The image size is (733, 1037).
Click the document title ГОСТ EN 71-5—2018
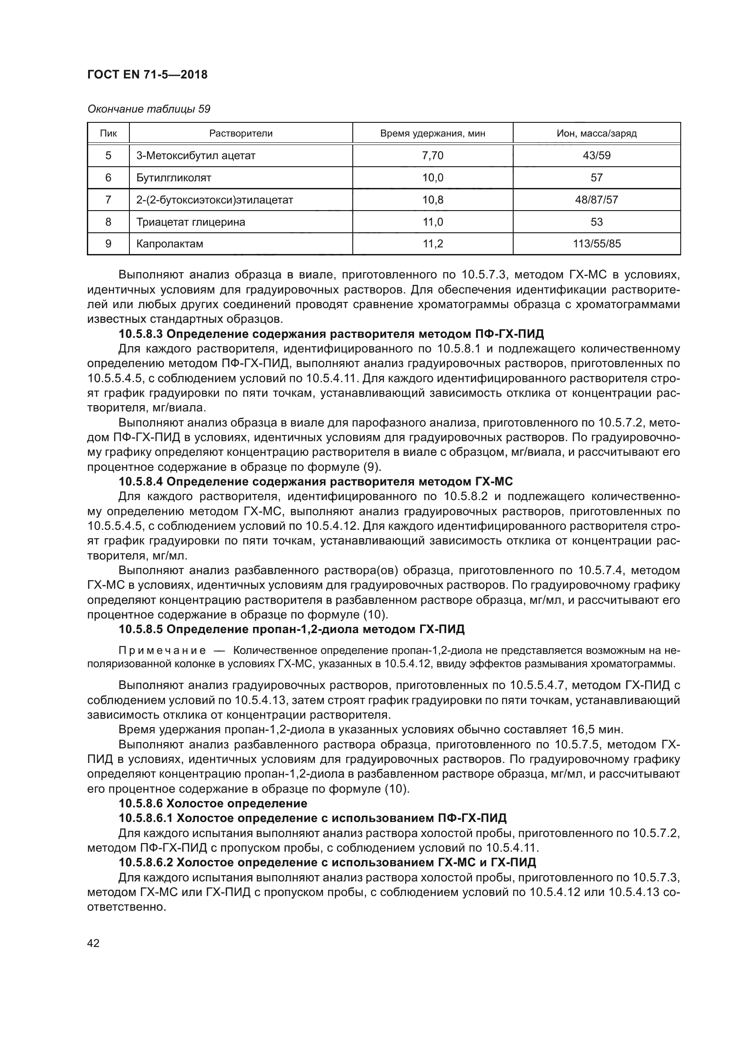pos(147,74)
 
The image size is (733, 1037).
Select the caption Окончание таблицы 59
pos(148,110)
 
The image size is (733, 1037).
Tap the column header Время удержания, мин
pos(433,133)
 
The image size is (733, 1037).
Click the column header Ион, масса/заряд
pos(596,133)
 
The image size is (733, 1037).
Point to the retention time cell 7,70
pos(433,156)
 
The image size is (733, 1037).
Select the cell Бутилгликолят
pos(174,178)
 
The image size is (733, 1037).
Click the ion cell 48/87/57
pos(596,200)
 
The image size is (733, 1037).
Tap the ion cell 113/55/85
pos(596,244)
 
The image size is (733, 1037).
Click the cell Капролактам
pos(170,244)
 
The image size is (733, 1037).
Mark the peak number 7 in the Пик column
pos(108,200)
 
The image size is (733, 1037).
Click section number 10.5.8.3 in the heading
pos(142,334)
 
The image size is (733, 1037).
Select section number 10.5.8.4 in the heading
pos(142,482)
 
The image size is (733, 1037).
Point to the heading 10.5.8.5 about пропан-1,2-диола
pos(292,629)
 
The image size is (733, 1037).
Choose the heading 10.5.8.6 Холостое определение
pos(213,803)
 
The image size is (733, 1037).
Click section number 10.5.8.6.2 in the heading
pos(146,862)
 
